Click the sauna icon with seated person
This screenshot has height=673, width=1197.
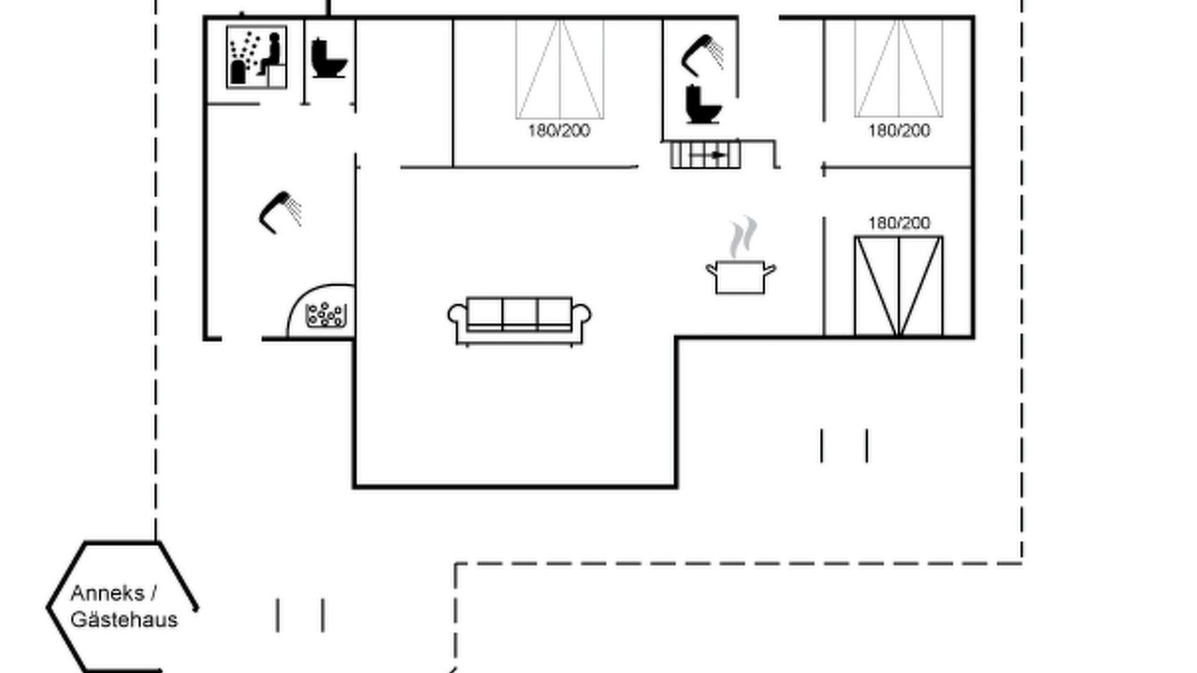point(256,57)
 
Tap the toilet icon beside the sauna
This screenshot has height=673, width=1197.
point(328,58)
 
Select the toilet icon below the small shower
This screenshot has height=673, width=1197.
point(703,104)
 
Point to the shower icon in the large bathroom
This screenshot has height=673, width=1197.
point(280,212)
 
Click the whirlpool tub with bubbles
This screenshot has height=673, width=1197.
point(326,315)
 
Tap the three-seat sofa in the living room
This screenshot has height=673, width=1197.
point(519,321)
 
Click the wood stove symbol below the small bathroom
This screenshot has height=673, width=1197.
point(705,155)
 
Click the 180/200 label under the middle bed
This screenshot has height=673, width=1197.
point(559,131)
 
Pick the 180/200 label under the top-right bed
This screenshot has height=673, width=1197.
point(899,131)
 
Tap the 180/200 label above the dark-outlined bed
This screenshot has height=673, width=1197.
point(899,222)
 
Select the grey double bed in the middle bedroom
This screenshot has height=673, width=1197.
point(559,69)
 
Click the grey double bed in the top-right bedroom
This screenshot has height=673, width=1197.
point(899,68)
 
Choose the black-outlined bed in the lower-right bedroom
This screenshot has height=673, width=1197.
point(899,286)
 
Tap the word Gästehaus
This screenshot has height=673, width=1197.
point(124,620)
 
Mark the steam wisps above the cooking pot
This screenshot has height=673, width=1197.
point(743,237)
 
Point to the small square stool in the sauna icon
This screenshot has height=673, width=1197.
point(276,76)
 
